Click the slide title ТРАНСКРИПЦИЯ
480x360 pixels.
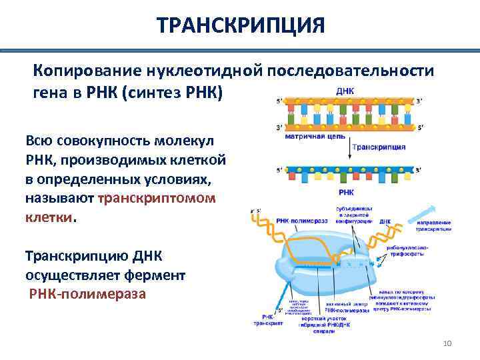[x=241, y=26]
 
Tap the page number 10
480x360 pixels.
[x=447, y=343]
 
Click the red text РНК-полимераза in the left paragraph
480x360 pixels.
[x=87, y=294]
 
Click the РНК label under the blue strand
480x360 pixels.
[x=346, y=191]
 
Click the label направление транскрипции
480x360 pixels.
[x=433, y=225]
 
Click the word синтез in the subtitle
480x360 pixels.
[x=161, y=92]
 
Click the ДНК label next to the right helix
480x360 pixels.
[x=385, y=221]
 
